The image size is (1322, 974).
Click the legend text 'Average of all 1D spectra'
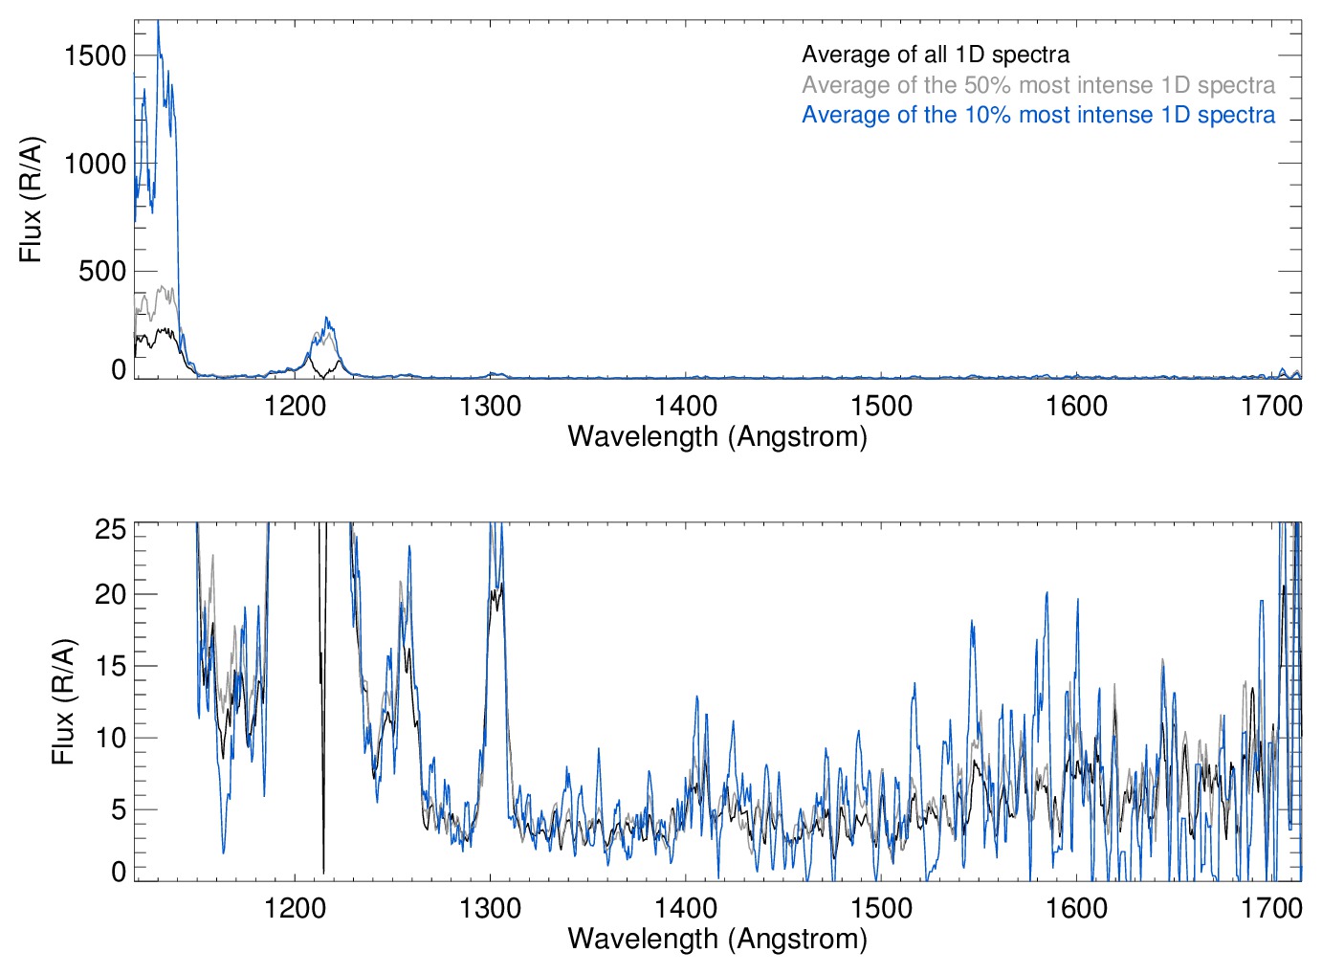[936, 55]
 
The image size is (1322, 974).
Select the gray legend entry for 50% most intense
[1038, 85]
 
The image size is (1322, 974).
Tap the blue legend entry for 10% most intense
[1038, 115]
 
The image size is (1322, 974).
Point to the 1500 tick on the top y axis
[95, 55]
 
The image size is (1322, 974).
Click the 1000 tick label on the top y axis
[95, 164]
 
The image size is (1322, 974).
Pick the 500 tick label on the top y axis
[102, 272]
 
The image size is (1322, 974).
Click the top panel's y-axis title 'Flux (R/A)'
[32, 199]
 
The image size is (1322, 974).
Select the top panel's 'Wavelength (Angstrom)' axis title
[717, 436]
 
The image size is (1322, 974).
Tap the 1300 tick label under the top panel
[490, 406]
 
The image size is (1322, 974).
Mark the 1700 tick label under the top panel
[1271, 406]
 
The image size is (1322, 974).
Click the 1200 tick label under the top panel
[295, 406]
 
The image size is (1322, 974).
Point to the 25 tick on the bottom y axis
[111, 529]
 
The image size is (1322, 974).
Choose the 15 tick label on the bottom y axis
[111, 666]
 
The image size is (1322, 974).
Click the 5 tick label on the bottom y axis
[119, 809]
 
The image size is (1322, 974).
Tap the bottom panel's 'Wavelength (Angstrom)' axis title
[717, 939]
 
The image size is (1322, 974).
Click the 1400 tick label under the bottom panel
[685, 907]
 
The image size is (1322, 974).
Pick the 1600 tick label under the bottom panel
[1076, 907]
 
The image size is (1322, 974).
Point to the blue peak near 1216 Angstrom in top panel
[327, 320]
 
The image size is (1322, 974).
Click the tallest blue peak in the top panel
[158, 23]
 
